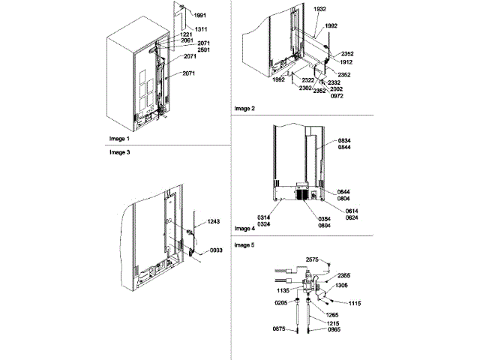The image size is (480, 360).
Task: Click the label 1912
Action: coord(347,62)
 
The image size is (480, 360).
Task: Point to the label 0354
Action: coord(325,218)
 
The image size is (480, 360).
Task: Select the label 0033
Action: coord(216,250)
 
